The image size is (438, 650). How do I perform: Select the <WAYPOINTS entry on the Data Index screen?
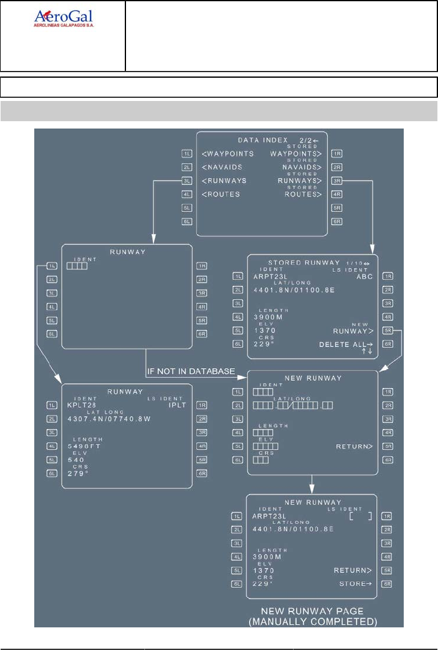(228, 154)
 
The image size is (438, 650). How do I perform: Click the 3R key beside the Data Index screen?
(336, 181)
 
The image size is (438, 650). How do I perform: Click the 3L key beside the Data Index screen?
(187, 181)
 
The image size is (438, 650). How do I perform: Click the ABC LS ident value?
(365, 276)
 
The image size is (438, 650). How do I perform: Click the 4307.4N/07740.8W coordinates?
(109, 419)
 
